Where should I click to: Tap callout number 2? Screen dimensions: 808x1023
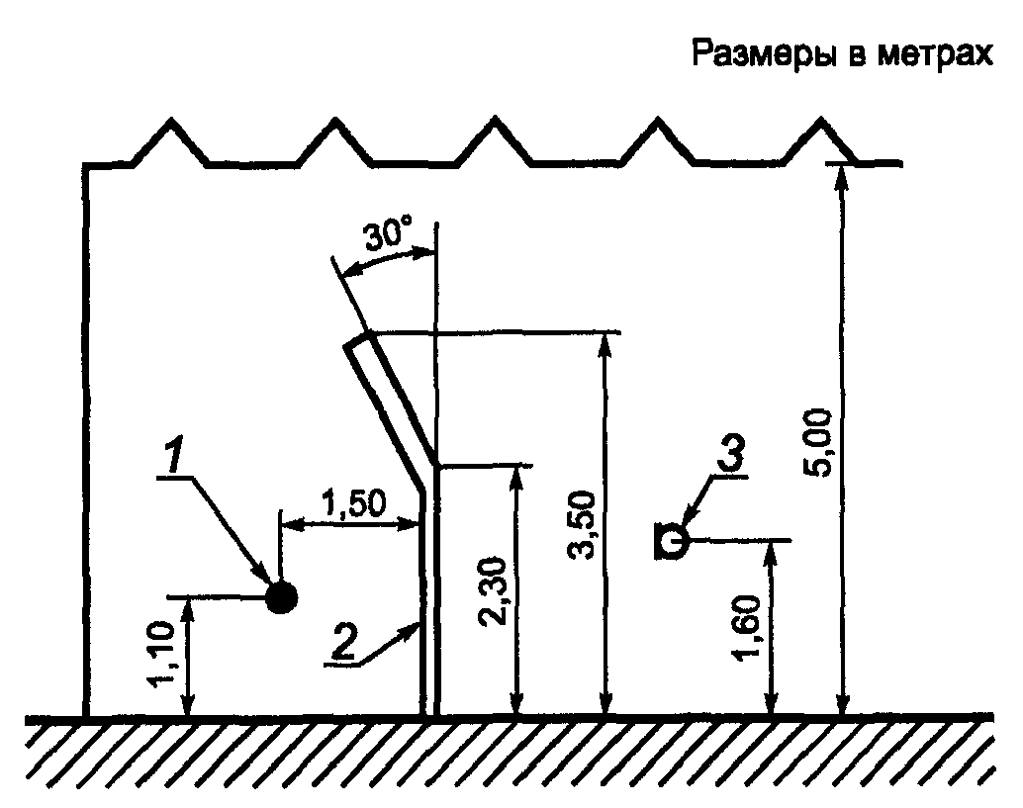click(x=342, y=643)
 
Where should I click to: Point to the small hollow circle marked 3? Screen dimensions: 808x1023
click(x=673, y=540)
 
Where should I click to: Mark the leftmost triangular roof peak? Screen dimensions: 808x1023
click(x=171, y=123)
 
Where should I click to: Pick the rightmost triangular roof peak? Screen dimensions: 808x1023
click(x=820, y=123)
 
